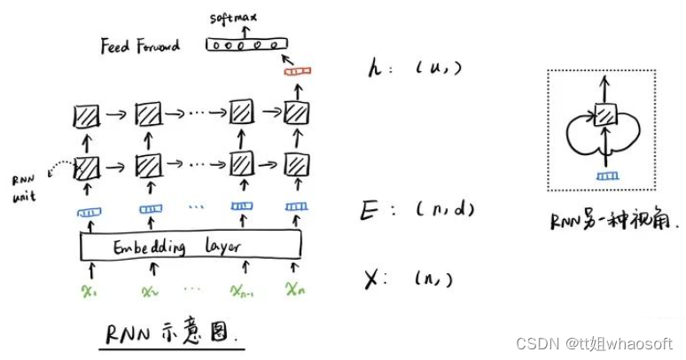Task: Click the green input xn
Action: (296, 288)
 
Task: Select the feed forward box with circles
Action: (246, 43)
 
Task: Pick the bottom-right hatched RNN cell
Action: (295, 164)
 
